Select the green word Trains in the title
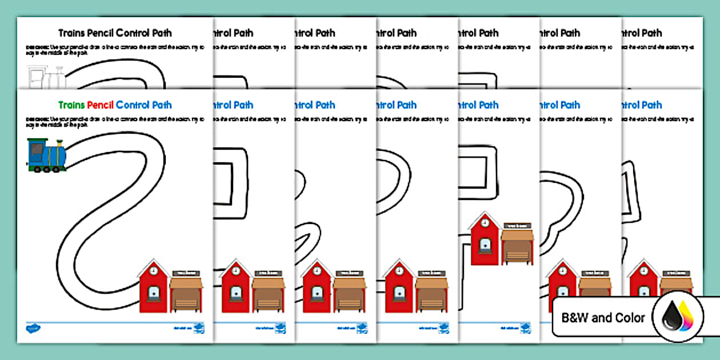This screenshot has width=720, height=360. [x=71, y=105]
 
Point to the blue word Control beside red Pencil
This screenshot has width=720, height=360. [x=133, y=105]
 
